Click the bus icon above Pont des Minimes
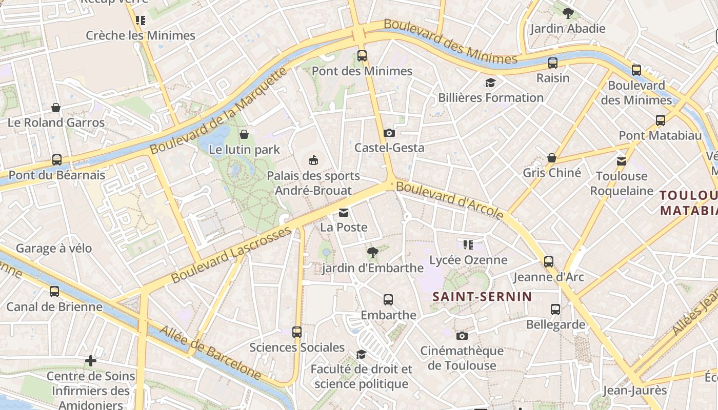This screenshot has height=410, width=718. coord(362,56)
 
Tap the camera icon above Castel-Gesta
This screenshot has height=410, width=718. coord(389,133)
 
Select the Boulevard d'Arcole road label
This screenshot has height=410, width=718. coord(450,200)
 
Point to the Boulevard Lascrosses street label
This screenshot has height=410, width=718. coord(231,254)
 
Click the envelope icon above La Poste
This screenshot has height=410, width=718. coord(344,212)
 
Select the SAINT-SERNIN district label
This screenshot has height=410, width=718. coord(483,297)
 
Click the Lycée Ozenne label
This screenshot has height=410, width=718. coord(468,260)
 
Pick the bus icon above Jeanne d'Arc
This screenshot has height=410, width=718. coord(549,262)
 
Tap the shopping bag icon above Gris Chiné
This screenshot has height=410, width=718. coord(552,158)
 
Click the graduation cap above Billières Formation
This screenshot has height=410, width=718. coord(491,83)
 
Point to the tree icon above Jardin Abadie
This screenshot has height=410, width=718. coord(568,13)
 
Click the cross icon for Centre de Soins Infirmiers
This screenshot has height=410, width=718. coord(91,361)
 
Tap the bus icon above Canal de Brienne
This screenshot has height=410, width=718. coord(54,292)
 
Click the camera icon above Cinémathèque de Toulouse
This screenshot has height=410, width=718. coord(462,336)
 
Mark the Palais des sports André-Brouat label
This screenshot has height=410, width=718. coord(313,183)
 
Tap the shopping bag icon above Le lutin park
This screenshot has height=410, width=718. coord(244,134)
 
